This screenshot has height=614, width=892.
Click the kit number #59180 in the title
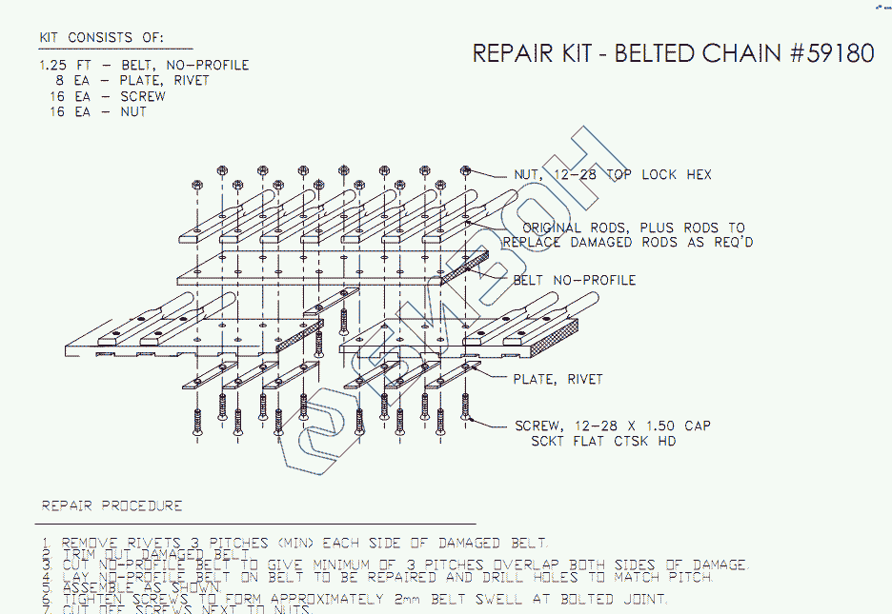coord(832,53)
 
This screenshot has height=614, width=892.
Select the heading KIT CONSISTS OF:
coord(101,38)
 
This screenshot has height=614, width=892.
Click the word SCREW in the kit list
coord(142,96)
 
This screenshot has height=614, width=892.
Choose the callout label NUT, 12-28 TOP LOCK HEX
coord(612,175)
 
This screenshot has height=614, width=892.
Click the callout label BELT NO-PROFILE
coord(574,280)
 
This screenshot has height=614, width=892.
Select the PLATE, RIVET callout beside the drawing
coord(557,379)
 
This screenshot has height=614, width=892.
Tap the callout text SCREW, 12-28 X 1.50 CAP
coord(612,426)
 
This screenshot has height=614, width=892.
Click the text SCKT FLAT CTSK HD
coord(603,441)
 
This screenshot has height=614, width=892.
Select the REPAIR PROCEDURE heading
coord(111,505)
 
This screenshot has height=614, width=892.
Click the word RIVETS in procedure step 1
coord(153,543)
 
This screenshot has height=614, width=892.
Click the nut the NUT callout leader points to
coord(466,170)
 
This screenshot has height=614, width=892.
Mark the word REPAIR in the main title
coord(514,53)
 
